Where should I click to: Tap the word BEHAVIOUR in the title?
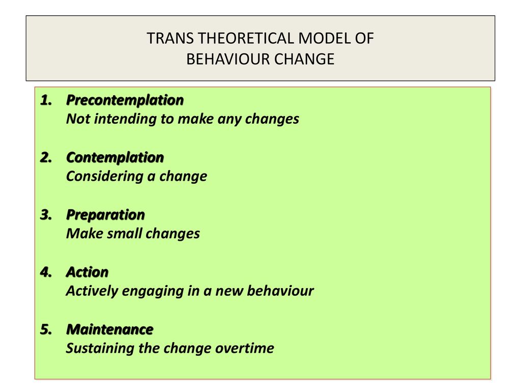click(228, 59)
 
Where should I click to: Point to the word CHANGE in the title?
click(304, 59)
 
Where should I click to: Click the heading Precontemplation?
click(125, 100)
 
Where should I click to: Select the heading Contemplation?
click(115, 157)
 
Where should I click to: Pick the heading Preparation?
click(106, 215)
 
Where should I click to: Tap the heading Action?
click(88, 272)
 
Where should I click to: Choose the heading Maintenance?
click(110, 329)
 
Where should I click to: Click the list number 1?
click(46, 100)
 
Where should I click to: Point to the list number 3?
click(46, 215)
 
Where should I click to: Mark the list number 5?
click(46, 329)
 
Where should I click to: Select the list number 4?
click(46, 272)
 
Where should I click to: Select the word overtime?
click(245, 348)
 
